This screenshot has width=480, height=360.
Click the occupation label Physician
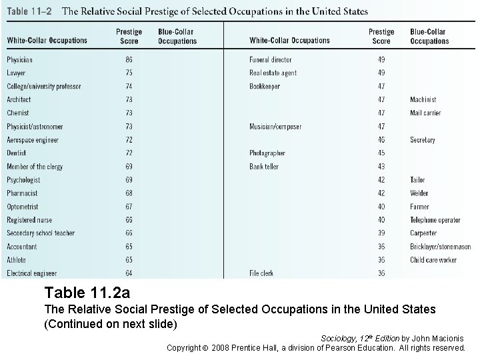[19, 60]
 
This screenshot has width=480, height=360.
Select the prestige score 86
[129, 60]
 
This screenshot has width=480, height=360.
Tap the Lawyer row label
[16, 73]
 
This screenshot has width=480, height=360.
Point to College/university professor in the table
[43, 87]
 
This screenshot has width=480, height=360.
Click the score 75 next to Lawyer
[129, 73]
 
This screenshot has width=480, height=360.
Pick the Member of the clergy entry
[35, 167]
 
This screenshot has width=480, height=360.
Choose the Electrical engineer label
[32, 273]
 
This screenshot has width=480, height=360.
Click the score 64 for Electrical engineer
[129, 273]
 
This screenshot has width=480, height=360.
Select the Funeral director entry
[270, 60]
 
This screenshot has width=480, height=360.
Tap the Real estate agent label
[273, 73]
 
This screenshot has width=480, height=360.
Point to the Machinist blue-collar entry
[423, 100]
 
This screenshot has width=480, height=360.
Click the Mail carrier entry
[425, 113]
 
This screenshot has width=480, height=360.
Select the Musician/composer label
[275, 127]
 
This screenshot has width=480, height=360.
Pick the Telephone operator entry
[435, 220]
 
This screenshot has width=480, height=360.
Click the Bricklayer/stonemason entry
[440, 247]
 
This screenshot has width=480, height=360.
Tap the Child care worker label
[433, 260]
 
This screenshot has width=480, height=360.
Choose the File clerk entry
[261, 273]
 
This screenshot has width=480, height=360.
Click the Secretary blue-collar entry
[423, 140]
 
